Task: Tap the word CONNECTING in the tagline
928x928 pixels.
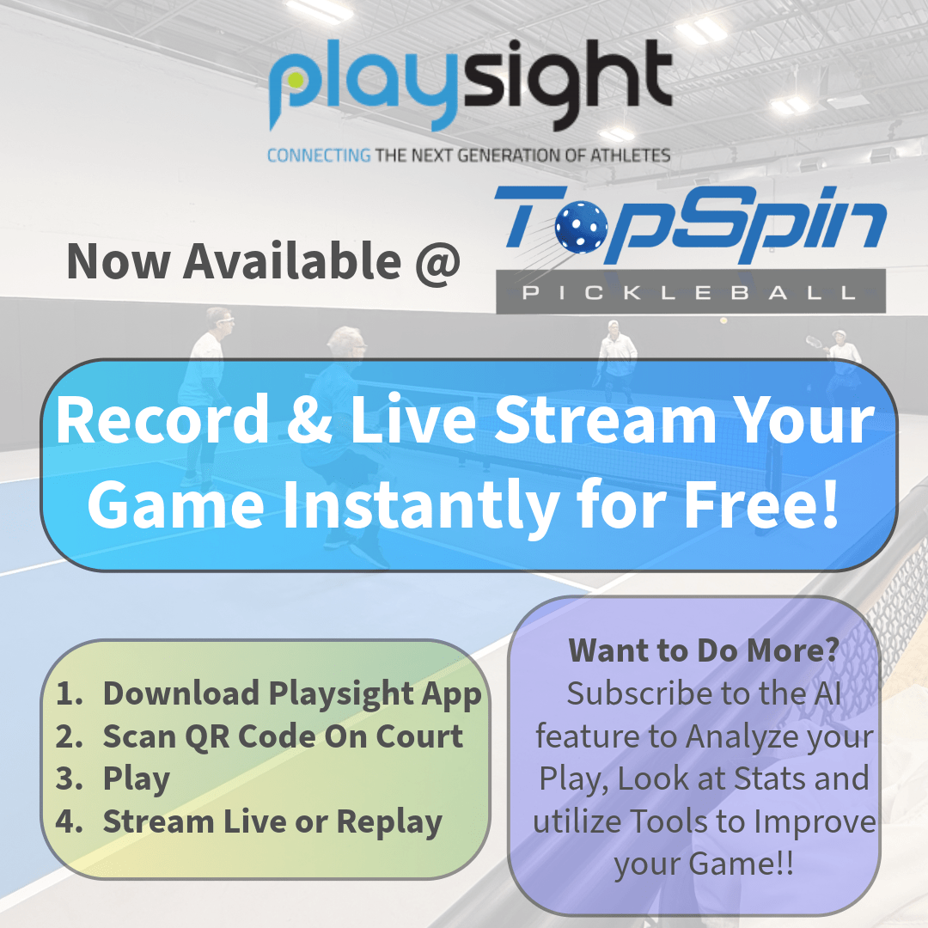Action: pos(319,156)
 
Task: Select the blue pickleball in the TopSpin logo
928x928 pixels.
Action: pos(581,226)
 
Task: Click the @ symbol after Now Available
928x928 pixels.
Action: pos(437,262)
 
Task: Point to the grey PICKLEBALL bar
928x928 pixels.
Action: pos(691,291)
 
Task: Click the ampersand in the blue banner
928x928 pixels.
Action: pos(309,420)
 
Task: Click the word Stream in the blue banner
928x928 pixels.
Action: pos(606,420)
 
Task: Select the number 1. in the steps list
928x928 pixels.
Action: pos(70,693)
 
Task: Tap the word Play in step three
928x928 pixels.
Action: pos(136,779)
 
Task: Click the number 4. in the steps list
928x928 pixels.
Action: pos(70,821)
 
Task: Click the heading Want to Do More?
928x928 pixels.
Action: pos(704,650)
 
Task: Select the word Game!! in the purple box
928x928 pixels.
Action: pos(742,864)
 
